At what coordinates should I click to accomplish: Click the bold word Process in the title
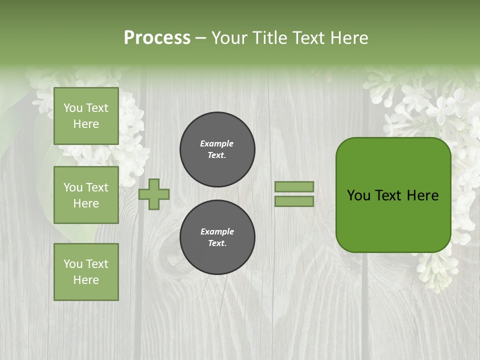[x=157, y=38]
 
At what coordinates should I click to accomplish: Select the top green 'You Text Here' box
[x=86, y=116]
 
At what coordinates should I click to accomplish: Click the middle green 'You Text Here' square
[x=86, y=195]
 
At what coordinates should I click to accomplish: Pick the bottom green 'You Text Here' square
[x=86, y=272]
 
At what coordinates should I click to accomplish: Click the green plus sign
[x=154, y=194]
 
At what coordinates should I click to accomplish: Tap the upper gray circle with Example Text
[x=217, y=149]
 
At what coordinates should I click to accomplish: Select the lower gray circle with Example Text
[x=217, y=237]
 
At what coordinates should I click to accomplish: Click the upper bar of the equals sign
[x=294, y=186]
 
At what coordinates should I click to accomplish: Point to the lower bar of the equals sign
[x=294, y=201]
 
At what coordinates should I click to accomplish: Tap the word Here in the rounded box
[x=422, y=195]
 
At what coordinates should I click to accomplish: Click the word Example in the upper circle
[x=216, y=143]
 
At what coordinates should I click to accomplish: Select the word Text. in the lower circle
[x=217, y=243]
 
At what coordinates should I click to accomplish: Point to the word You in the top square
[x=73, y=108]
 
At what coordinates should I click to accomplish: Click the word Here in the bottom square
[x=86, y=280]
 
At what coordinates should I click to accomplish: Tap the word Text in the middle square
[x=97, y=187]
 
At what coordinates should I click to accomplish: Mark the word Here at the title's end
[x=349, y=38]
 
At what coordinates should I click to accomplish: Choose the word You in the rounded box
[x=358, y=195]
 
